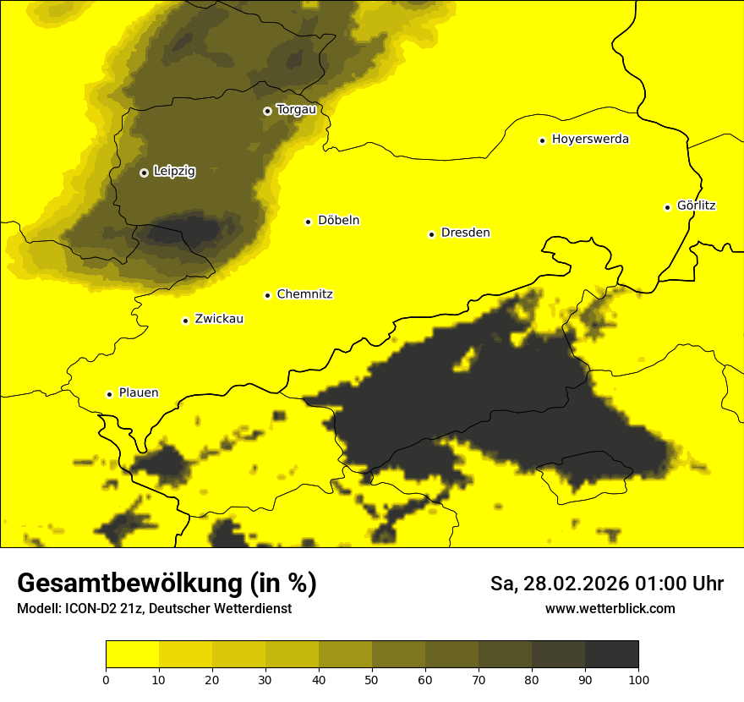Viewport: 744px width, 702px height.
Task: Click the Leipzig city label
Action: [x=174, y=172]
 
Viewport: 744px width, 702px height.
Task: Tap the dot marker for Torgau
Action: [x=267, y=111]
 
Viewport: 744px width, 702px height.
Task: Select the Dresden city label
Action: [x=465, y=233]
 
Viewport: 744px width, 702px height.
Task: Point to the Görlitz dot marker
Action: [x=667, y=207]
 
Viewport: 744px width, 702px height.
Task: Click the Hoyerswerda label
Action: [x=590, y=140]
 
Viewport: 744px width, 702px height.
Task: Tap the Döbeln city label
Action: [x=338, y=221]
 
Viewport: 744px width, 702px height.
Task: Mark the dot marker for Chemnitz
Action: [x=267, y=295]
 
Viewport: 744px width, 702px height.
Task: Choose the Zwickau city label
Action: [x=219, y=319]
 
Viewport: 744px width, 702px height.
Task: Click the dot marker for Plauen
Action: [x=109, y=394]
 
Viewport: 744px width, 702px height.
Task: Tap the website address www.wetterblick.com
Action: [x=610, y=608]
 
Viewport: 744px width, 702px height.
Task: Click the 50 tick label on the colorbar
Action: [x=372, y=678]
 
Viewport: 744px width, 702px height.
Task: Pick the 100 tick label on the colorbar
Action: [x=638, y=678]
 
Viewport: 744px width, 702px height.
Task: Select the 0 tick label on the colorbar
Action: [x=106, y=678]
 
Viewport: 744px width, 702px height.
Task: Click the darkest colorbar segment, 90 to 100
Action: [x=611, y=655]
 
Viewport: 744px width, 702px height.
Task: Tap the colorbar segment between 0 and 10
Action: [x=132, y=655]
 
